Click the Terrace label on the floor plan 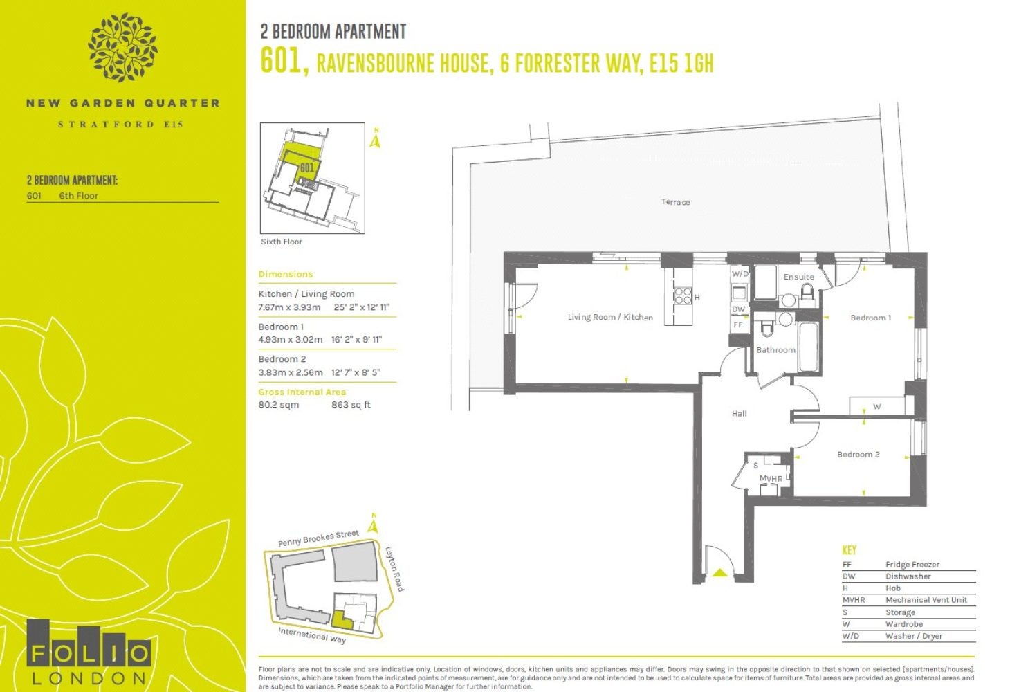(675, 202)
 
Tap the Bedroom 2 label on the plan (858, 454)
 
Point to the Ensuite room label (798, 277)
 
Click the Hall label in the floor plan (739, 413)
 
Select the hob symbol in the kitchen (683, 296)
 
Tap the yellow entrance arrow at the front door (720, 573)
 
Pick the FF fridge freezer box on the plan (739, 325)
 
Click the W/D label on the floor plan (740, 274)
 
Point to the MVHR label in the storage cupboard (771, 478)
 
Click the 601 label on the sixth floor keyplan (306, 168)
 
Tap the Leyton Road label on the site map (394, 568)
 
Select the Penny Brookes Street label (318, 538)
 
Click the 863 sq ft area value (351, 405)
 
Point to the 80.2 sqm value (279, 405)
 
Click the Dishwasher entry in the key (908, 576)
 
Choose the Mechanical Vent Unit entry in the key (926, 600)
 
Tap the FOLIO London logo (89, 652)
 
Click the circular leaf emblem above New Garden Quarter (122, 48)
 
